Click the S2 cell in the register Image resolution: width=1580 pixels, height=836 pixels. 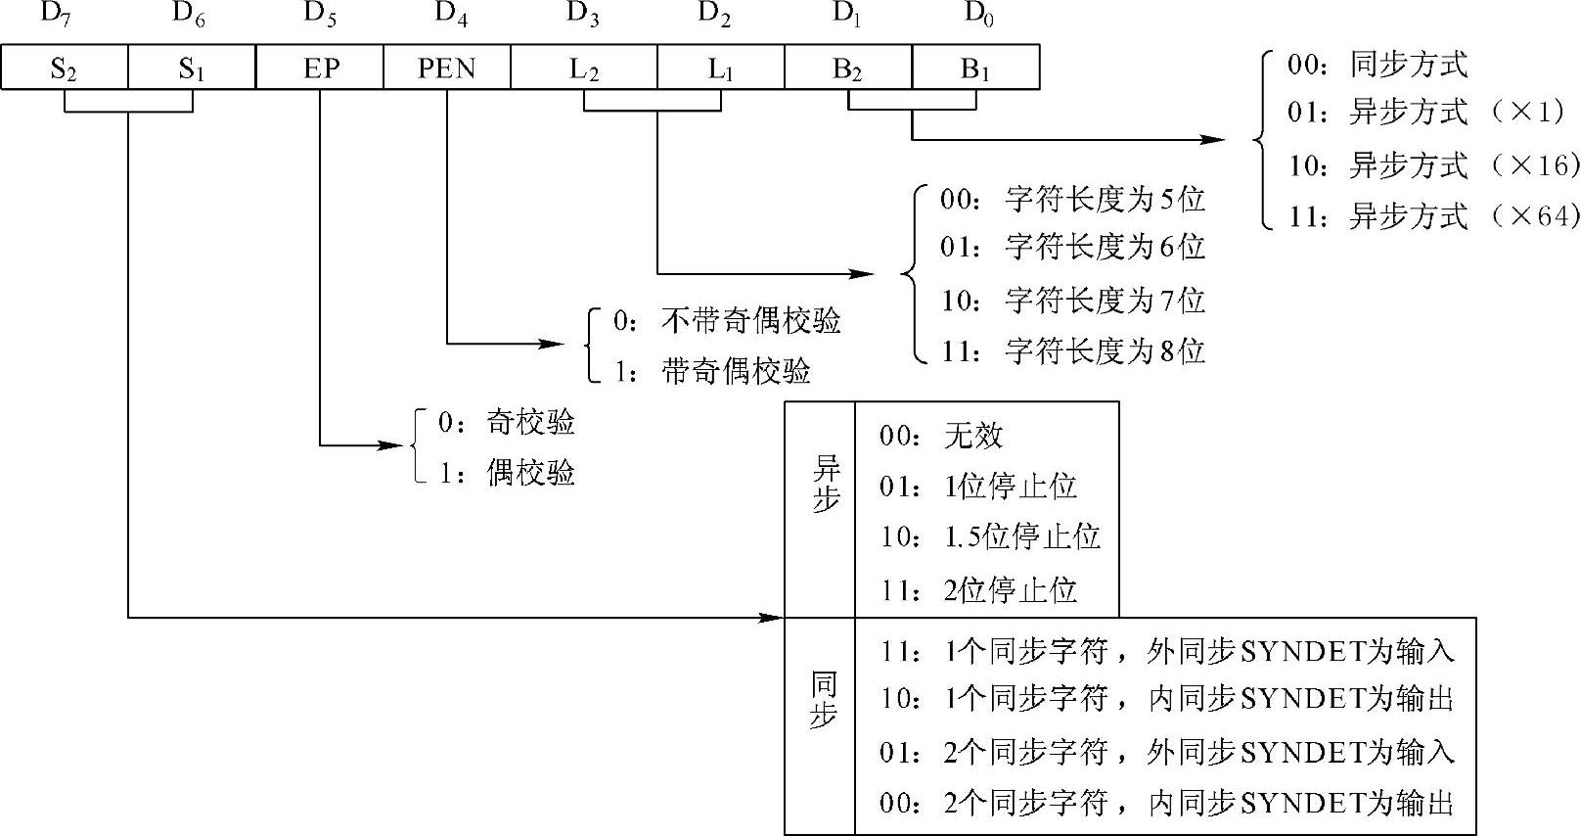click(65, 69)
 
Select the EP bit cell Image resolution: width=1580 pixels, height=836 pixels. click(320, 69)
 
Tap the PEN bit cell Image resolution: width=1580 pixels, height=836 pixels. click(446, 69)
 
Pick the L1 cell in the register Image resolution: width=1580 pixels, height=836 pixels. click(720, 69)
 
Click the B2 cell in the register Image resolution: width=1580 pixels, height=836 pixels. click(847, 69)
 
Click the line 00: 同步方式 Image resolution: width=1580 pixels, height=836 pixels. click(1377, 66)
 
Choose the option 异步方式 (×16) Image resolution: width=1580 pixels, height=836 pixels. click(1433, 165)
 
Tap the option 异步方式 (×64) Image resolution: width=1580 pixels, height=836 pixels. click(1433, 215)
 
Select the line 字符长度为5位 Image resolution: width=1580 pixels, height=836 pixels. click(1072, 200)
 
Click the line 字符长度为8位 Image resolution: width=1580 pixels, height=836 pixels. click(1072, 350)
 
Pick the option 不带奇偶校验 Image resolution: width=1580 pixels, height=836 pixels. click(727, 321)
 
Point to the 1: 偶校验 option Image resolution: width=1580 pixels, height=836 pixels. click(506, 474)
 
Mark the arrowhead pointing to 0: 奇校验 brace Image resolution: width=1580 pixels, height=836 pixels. click(393, 446)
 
